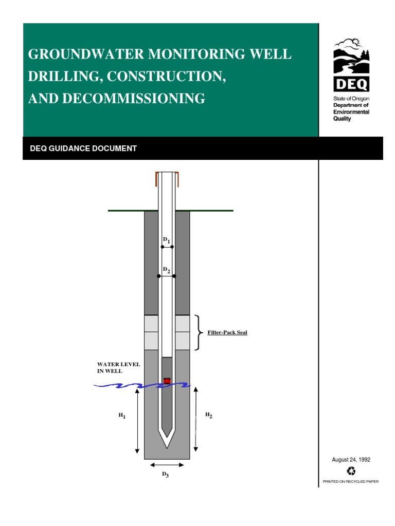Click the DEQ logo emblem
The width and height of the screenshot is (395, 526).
click(351, 64)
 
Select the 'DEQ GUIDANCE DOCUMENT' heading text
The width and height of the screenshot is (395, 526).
click(84, 148)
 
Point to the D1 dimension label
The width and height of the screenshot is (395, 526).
click(166, 240)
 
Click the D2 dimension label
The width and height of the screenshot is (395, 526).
click(166, 270)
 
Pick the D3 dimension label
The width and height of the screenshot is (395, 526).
click(166, 475)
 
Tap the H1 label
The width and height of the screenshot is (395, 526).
click(121, 416)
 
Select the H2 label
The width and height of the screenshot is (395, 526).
click(209, 415)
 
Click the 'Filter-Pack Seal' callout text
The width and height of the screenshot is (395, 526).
click(227, 333)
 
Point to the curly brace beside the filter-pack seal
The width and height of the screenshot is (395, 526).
click(199, 333)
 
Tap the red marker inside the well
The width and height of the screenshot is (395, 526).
click(167, 381)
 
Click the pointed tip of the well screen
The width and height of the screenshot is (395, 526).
click(167, 445)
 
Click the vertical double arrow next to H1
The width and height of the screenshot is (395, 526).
click(137, 420)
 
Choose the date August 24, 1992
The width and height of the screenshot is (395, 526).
click(351, 460)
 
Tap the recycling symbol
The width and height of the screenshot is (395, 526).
click(351, 471)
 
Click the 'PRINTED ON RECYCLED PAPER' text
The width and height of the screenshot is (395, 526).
click(350, 482)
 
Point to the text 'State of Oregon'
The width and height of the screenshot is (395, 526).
click(348, 98)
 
